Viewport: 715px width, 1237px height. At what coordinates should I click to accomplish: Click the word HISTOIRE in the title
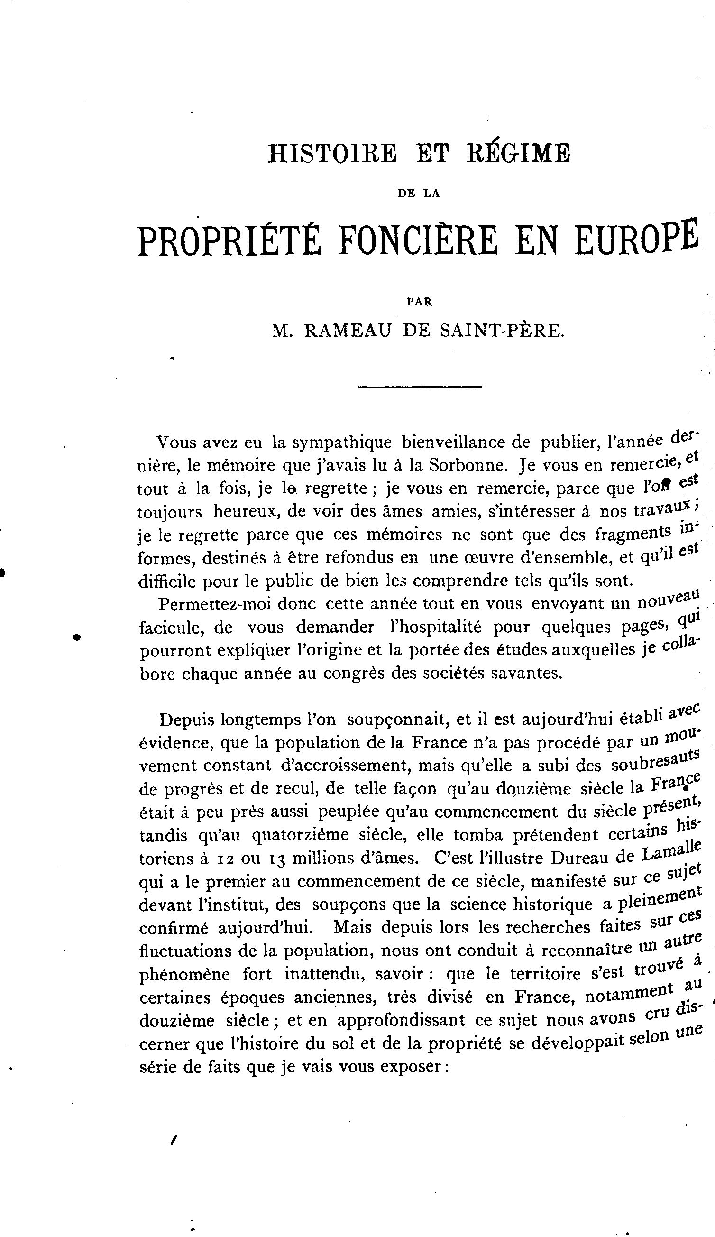pyautogui.click(x=332, y=153)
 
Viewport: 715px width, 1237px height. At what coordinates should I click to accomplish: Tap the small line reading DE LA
pyautogui.click(x=419, y=194)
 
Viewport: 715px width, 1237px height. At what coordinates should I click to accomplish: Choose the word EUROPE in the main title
pyautogui.click(x=636, y=238)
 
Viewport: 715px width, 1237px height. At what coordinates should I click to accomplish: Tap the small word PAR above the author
pyautogui.click(x=420, y=303)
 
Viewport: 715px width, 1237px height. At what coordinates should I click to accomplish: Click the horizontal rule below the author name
pyautogui.click(x=420, y=388)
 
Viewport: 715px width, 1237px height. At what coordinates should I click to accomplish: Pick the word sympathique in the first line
pyautogui.click(x=341, y=443)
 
